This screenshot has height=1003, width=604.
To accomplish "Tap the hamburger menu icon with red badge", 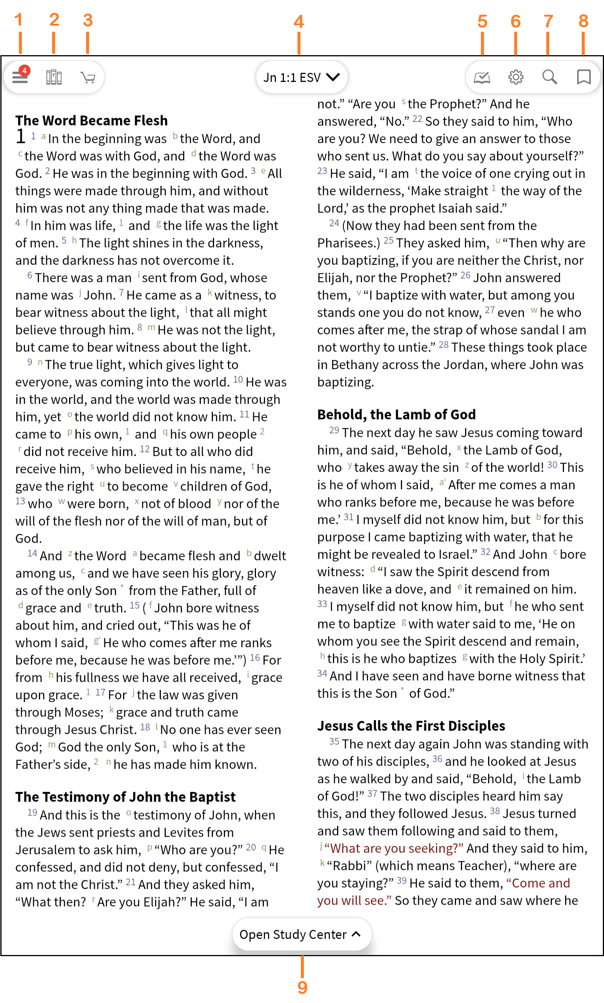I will [x=20, y=76].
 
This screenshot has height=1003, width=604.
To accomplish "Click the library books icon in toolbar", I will [x=54, y=77].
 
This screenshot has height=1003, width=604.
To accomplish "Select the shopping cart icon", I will [x=88, y=77].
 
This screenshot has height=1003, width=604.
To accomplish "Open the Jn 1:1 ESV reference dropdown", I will [x=301, y=77].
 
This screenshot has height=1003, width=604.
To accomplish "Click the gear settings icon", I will [x=515, y=77].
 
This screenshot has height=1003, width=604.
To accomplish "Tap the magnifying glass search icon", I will [x=550, y=77].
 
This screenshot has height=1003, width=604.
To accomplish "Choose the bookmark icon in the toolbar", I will [x=584, y=77].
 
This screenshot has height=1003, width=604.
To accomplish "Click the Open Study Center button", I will [x=301, y=934].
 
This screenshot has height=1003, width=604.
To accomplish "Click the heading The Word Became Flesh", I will [x=91, y=121].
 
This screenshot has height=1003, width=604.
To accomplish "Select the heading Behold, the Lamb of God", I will [x=396, y=414].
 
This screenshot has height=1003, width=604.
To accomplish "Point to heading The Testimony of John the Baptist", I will [x=125, y=797].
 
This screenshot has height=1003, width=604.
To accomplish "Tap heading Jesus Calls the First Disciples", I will [x=411, y=726].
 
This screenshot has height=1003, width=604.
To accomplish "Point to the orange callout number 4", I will [x=299, y=22].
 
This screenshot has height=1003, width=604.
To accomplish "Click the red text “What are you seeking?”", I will [x=394, y=848].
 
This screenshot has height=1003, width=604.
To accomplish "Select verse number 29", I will [x=334, y=431].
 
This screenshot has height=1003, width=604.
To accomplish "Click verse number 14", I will [x=32, y=554].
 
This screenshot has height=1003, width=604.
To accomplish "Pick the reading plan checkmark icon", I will [x=482, y=77].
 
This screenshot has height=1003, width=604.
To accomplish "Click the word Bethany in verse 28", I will [x=355, y=365].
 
